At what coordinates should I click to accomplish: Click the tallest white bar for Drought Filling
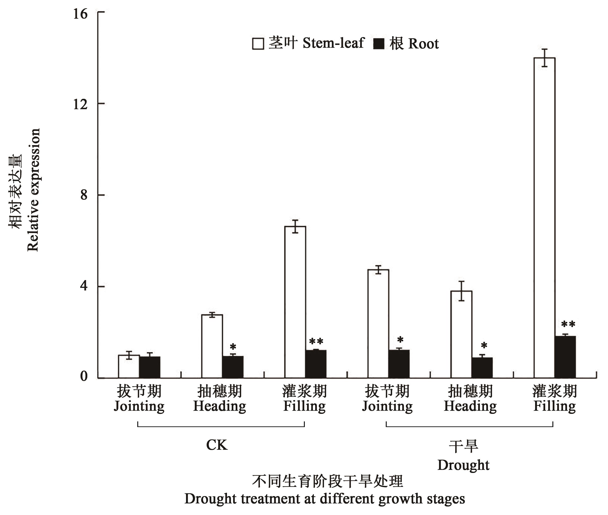[x=544, y=217]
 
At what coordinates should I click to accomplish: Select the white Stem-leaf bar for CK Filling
[x=295, y=302]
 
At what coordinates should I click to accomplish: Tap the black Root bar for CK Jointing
[x=150, y=367]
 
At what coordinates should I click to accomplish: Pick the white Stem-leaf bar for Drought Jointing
[x=378, y=324]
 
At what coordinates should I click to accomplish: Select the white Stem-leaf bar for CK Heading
[x=212, y=346]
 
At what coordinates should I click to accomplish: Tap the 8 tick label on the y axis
[x=84, y=195]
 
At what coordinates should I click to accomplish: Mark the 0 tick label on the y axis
[x=84, y=377]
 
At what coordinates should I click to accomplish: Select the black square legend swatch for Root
[x=379, y=44]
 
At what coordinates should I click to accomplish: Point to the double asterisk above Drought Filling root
[x=568, y=324]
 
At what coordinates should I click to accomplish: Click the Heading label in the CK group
[x=220, y=406]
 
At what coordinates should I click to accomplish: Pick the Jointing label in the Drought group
[x=387, y=406]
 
